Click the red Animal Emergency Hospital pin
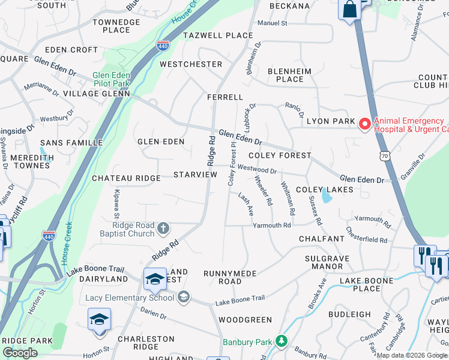tap(364, 124)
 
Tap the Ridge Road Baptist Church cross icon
tap(163, 229)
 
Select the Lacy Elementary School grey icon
tap(184, 298)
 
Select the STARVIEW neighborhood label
tap(195, 174)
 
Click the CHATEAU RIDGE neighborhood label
tap(126, 178)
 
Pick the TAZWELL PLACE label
tap(218, 35)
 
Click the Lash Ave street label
tap(246, 205)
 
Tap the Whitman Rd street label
tap(288, 199)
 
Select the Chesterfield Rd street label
tap(366, 235)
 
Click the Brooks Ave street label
tap(316, 294)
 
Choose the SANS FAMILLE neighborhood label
tap(64, 143)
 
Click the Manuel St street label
tap(272, 23)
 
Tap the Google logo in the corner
tap(20, 353)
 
